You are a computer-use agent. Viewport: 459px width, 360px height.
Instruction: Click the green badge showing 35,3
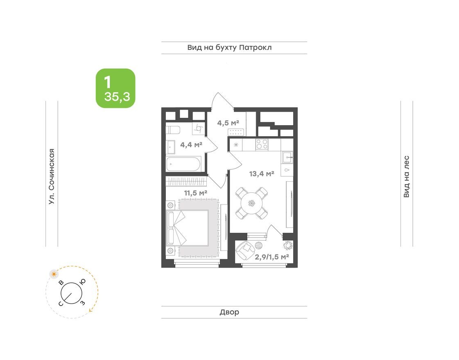pos(115,88)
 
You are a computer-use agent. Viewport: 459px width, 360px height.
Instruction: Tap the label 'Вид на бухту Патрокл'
pos(229,48)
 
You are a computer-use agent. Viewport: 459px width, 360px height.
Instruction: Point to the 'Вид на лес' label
pos(406,177)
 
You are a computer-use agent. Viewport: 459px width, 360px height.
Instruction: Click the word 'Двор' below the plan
pos(229,313)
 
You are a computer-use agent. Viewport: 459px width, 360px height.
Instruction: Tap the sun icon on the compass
pos(53,274)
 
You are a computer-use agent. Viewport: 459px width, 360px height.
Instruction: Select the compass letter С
pos(61,303)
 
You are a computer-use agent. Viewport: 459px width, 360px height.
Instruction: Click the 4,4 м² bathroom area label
pos(191,144)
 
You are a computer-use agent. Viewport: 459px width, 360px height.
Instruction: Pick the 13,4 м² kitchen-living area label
pos(261,174)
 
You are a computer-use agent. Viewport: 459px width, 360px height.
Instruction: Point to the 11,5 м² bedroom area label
pos(194,192)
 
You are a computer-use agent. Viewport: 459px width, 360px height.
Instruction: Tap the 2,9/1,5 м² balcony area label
pos(272,257)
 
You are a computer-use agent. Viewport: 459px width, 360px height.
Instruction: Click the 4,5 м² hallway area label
pos(227,122)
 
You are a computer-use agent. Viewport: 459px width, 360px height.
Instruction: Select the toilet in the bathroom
pos(173,130)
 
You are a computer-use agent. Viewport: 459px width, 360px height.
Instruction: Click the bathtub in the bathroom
pos(183,164)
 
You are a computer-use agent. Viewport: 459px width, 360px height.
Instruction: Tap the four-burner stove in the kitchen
pos(262,144)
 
